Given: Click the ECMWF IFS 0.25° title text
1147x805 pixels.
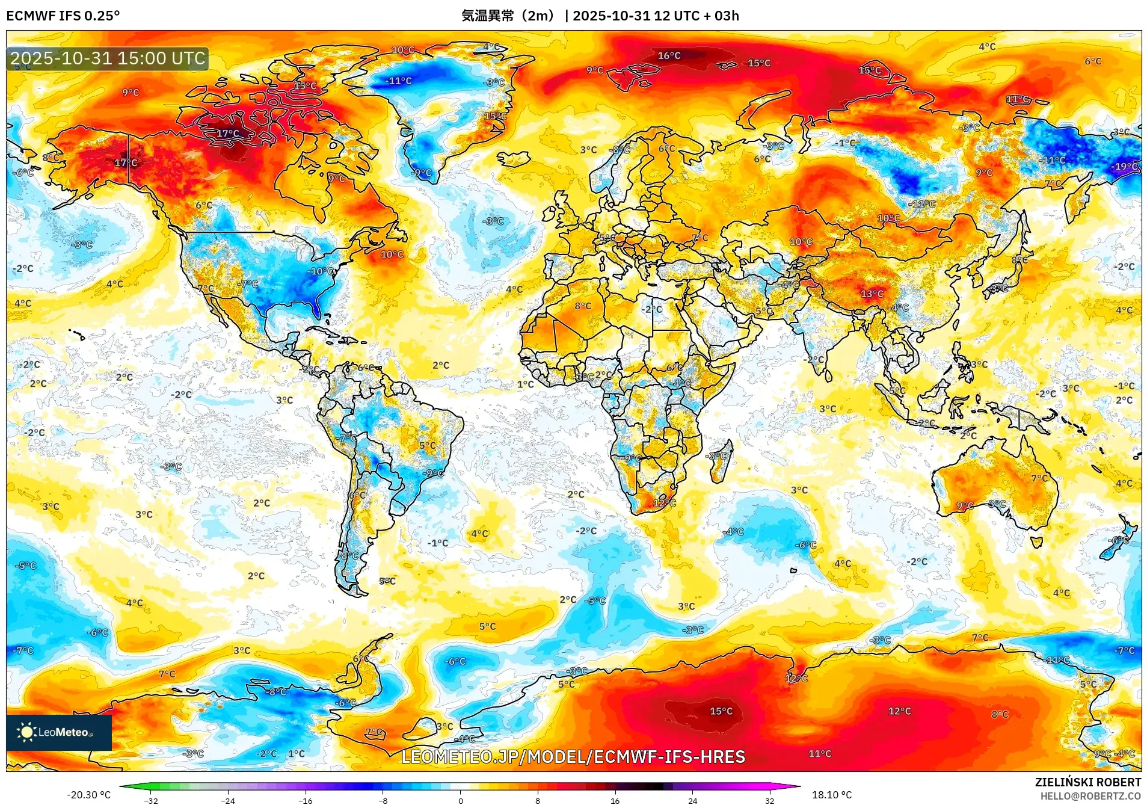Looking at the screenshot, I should pyautogui.click(x=63, y=16).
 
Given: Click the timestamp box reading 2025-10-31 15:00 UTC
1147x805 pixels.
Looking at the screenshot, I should pyautogui.click(x=108, y=58).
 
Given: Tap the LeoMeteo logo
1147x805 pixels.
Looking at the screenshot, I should pyautogui.click(x=58, y=732).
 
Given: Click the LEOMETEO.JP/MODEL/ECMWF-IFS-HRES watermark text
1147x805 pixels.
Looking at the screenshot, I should pyautogui.click(x=573, y=757).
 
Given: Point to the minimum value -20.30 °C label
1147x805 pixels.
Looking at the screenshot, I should pyautogui.click(x=88, y=795).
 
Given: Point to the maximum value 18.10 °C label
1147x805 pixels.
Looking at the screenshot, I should pyautogui.click(x=831, y=795).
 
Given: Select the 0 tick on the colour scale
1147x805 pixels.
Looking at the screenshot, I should pyautogui.click(x=461, y=800).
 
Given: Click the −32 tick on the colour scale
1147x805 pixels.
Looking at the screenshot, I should pyautogui.click(x=151, y=800).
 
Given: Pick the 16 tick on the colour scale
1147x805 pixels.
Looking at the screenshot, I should pyautogui.click(x=615, y=800).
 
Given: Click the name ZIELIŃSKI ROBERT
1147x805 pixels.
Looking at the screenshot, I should pyautogui.click(x=1087, y=782).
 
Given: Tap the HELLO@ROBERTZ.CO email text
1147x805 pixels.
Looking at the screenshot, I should pyautogui.click(x=1090, y=796).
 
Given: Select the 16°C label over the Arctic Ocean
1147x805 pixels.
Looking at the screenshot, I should pyautogui.click(x=669, y=55).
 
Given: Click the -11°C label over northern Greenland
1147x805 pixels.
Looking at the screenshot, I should pyautogui.click(x=399, y=81).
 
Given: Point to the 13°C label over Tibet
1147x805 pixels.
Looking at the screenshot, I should pyautogui.click(x=872, y=294).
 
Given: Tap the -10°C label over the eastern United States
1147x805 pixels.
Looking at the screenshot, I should pyautogui.click(x=322, y=271).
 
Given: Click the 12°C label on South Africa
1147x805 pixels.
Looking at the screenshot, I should pyautogui.click(x=664, y=502).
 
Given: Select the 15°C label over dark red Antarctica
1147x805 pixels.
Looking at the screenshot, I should pyautogui.click(x=721, y=711).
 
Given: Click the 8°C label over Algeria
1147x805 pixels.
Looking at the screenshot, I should pyautogui.click(x=582, y=306).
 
